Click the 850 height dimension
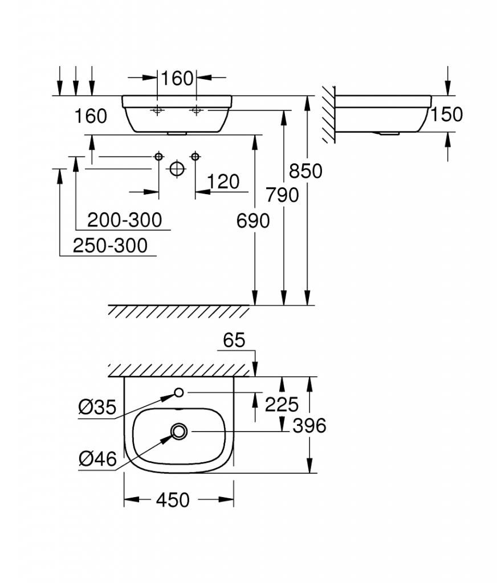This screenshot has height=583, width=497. pos(305,171)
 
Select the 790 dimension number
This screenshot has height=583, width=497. pos(282,195)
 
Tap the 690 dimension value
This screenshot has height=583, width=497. pos(253,221)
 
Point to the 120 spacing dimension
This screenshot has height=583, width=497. pos(223,182)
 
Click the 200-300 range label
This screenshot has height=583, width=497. pos(124,220)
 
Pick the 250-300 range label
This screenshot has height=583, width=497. pos(110,246)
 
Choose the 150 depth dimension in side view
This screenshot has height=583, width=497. pos(447,114)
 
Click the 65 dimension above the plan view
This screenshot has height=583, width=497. pos(234,340)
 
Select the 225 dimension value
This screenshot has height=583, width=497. pos(282,404)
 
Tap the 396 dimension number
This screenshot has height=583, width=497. pos(309,426)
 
